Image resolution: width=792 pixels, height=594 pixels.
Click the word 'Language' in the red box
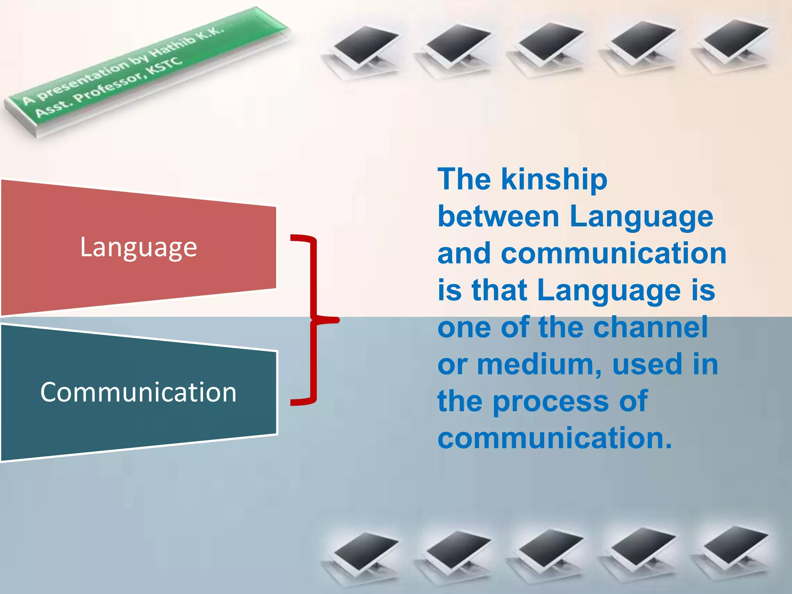[x=138, y=247]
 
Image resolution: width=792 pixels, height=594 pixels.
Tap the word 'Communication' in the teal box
[x=138, y=392]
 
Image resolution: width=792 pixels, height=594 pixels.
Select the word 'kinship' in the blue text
[x=554, y=180]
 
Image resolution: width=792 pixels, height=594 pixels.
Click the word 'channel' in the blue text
[x=650, y=327]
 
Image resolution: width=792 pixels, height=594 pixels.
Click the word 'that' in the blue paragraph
[x=499, y=290]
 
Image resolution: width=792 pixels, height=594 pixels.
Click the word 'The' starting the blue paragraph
[x=464, y=180]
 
